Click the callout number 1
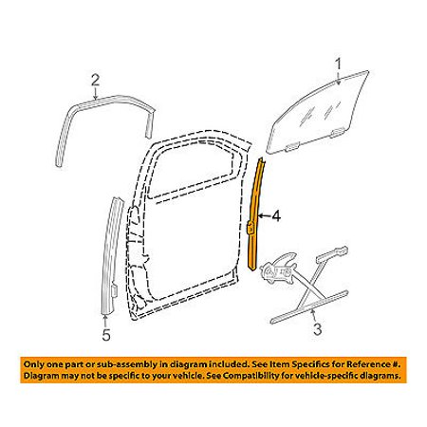tap(339, 65)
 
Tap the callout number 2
tap(95, 81)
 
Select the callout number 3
tap(317, 329)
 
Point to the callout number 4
tap(276, 216)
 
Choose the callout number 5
tap(106, 335)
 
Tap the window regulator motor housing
tap(277, 268)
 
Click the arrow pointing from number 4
tap(264, 216)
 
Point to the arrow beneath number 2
tap(95, 93)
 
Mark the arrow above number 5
tap(105, 321)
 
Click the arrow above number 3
tap(314, 316)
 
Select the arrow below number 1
tap(339, 78)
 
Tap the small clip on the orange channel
tap(250, 226)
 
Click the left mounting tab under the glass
tap(291, 146)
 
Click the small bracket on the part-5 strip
tap(115, 288)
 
